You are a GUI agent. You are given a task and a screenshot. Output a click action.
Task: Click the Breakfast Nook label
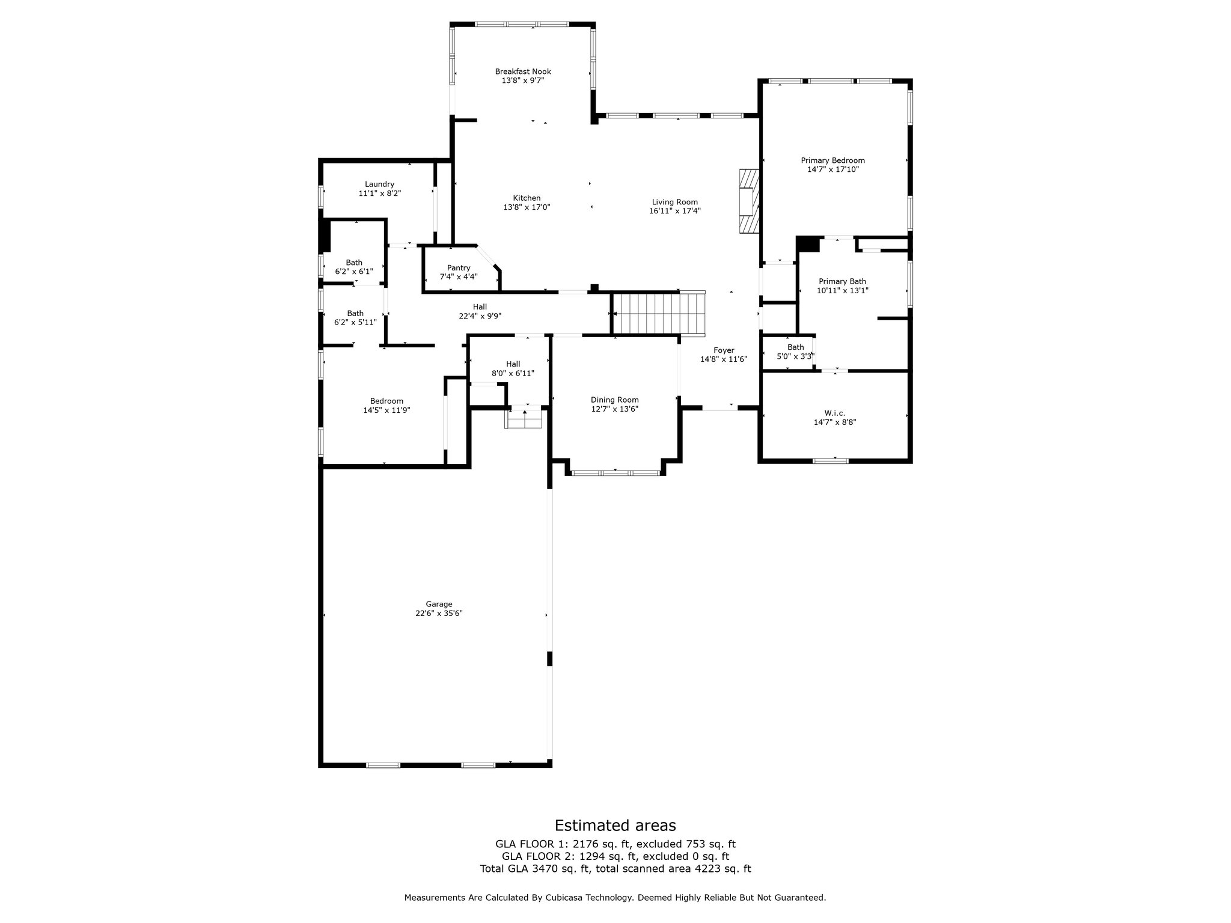[523, 72]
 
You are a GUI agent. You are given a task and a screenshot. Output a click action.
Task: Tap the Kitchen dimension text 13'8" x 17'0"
[527, 207]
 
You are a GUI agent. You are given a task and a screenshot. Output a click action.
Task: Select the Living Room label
[675, 202]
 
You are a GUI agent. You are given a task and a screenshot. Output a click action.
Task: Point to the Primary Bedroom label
[832, 160]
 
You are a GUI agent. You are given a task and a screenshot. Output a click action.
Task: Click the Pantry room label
[459, 268]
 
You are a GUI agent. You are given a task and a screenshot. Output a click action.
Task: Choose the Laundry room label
[379, 184]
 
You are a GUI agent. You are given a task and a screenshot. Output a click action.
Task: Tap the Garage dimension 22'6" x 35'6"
[439, 614]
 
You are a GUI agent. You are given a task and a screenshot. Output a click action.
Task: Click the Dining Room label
[615, 400]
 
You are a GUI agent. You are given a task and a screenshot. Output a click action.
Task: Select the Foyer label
[724, 350]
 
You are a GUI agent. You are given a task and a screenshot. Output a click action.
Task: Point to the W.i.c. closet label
[835, 413]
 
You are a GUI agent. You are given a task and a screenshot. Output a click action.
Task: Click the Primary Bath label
[842, 281]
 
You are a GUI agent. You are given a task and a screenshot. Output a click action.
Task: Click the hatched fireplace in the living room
[750, 200]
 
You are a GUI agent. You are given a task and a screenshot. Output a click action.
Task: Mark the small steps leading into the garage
[524, 418]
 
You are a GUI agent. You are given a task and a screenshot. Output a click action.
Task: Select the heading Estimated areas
[615, 825]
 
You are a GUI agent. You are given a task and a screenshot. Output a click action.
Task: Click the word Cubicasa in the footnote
[566, 898]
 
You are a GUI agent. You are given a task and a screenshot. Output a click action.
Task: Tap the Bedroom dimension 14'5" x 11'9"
[386, 410]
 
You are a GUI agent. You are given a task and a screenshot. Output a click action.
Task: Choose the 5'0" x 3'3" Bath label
[796, 356]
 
